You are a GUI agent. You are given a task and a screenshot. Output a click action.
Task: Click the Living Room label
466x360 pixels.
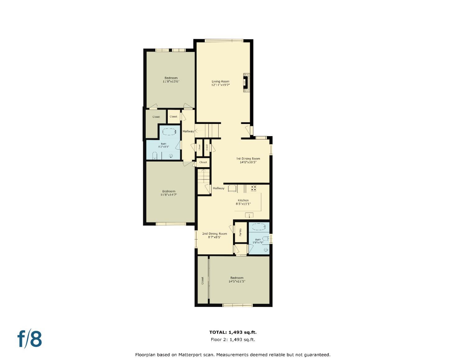tap(220, 81)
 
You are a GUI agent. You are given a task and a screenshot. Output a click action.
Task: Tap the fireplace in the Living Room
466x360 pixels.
tap(246, 83)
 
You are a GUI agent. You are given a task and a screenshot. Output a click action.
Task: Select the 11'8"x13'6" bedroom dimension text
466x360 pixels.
tap(171, 82)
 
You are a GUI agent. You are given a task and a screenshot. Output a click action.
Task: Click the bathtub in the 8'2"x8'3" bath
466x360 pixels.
tap(170, 132)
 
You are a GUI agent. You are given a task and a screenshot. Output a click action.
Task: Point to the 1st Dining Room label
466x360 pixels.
tap(248, 159)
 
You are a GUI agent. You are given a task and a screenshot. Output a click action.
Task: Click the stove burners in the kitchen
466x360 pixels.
tap(254, 188)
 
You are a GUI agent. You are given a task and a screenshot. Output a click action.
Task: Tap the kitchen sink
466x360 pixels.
tap(249, 215)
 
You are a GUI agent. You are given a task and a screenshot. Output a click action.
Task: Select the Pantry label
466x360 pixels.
tap(240, 232)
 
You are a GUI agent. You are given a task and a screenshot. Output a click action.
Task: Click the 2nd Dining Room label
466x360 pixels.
tap(214, 234)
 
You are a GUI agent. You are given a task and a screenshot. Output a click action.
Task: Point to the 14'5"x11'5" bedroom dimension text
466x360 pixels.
tap(237, 281)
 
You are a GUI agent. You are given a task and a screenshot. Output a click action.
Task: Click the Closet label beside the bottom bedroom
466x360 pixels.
tap(203, 280)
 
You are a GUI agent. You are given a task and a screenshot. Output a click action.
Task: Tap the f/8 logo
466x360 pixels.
tap(30, 339)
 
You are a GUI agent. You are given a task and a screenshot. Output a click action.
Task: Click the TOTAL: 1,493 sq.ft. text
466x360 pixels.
tap(233, 332)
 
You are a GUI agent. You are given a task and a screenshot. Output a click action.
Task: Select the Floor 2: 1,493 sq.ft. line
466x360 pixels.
tap(233, 339)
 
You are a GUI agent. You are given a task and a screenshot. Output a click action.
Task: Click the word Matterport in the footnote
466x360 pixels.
tap(190, 354)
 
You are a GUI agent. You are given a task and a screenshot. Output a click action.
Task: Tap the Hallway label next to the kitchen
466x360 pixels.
tap(218, 188)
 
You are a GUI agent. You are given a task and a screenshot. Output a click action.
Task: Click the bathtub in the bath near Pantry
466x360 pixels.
tap(258, 227)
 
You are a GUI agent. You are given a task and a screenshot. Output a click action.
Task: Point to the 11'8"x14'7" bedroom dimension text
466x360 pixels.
tap(169, 195)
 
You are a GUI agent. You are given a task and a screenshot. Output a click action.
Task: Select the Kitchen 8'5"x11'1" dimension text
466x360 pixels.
tap(243, 204)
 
